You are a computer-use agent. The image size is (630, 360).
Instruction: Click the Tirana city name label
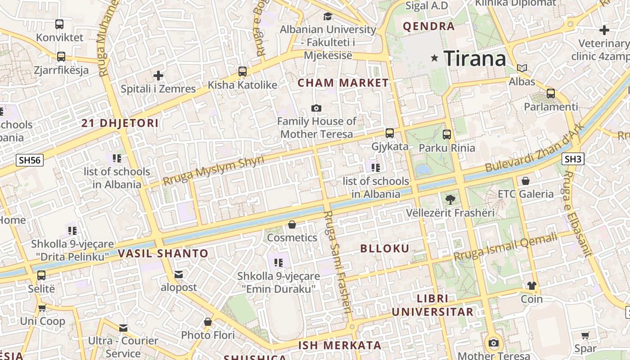click(x=475, y=58)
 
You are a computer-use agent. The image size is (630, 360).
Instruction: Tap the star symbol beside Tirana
click(x=435, y=58)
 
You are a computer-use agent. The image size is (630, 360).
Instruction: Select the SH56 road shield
click(x=30, y=160)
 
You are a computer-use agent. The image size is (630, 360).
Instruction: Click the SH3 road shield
click(x=573, y=159)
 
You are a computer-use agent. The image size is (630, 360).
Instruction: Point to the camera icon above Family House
click(x=316, y=108)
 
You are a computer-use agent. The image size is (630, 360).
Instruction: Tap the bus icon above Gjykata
click(x=390, y=133)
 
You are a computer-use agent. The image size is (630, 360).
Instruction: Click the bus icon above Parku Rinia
click(x=447, y=134)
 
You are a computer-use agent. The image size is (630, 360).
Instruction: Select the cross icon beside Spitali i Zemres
click(x=158, y=76)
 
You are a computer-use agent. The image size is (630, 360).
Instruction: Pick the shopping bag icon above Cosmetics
click(x=292, y=224)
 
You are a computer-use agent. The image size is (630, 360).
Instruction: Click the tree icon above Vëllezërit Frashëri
click(x=450, y=199)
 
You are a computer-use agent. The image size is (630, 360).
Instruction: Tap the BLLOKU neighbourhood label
click(x=385, y=248)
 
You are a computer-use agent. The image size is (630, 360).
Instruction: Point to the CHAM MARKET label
click(x=343, y=83)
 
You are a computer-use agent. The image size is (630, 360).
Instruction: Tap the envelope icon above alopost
click(x=179, y=274)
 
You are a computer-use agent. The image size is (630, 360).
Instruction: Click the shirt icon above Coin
click(x=531, y=286)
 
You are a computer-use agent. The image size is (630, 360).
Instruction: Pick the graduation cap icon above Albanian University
click(x=328, y=17)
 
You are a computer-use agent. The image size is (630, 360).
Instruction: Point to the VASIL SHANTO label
click(x=163, y=253)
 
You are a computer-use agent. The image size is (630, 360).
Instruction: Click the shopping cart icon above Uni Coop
click(x=42, y=308)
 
